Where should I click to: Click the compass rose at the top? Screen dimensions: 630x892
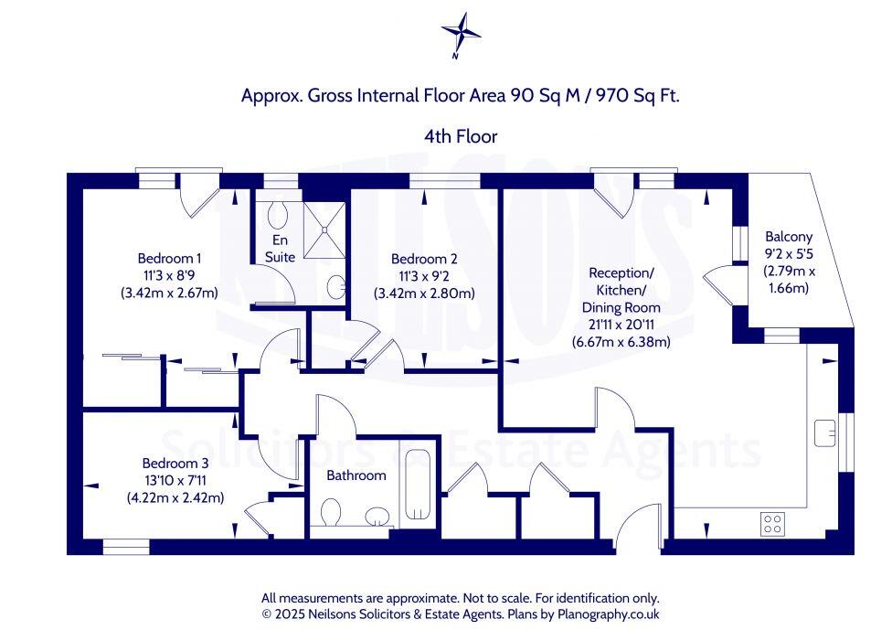pos(461,35)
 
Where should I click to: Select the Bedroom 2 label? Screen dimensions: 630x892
pos(423,259)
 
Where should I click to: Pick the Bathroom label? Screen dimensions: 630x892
pos(356,475)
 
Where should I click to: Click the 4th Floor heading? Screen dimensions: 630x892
pos(461,136)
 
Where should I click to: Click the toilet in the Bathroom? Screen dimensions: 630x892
pos(332,512)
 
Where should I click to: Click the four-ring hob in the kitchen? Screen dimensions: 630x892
pos(772,523)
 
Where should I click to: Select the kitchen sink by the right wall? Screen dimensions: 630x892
pos(827,431)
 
